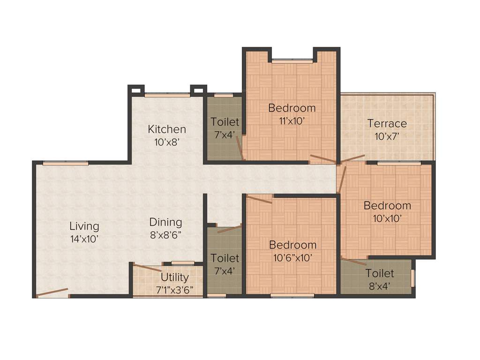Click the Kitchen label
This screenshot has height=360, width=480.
pyautogui.click(x=167, y=129)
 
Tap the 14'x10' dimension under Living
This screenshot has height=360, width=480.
pyautogui.click(x=84, y=238)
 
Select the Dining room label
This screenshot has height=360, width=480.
pyautogui.click(x=165, y=222)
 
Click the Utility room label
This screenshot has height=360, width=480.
pyautogui.click(x=174, y=278)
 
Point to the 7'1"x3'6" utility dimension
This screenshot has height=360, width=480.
pyautogui.click(x=174, y=289)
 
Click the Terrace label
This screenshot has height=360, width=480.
pyautogui.click(x=387, y=124)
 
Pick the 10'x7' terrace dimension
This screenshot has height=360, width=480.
pyautogui.click(x=387, y=136)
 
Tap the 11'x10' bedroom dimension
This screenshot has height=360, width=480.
pyautogui.click(x=292, y=120)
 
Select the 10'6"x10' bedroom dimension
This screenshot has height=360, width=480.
pyautogui.click(x=292, y=257)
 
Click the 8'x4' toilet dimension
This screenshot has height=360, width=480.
pyautogui.click(x=380, y=285)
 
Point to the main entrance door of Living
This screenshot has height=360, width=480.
pyautogui.click(x=52, y=292)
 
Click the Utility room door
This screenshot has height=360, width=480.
pyautogui.click(x=147, y=268)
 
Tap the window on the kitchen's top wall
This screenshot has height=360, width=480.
pyautogui.click(x=167, y=95)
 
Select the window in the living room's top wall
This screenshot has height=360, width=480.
pyautogui.click(x=65, y=163)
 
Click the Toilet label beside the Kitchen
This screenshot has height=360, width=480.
pyautogui.click(x=225, y=122)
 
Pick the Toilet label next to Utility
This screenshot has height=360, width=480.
pyautogui.click(x=225, y=258)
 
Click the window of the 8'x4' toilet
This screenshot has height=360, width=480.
pyautogui.click(x=412, y=277)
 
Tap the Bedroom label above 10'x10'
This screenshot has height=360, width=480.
pyautogui.click(x=387, y=205)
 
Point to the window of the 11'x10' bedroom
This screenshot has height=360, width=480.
pyautogui.click(x=292, y=61)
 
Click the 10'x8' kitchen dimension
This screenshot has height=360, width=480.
pyautogui.click(x=167, y=142)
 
